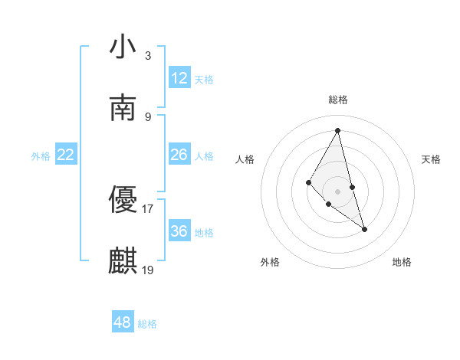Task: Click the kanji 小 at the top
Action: point(123,47)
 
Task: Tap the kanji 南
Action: point(123,109)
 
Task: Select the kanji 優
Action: point(123,201)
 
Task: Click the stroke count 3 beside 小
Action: point(147,55)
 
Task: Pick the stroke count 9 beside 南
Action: point(147,116)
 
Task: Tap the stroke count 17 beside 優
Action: point(148,208)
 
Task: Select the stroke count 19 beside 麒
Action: point(148,270)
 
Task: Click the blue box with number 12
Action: point(179,78)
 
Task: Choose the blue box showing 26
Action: point(179,155)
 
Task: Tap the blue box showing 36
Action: point(179,231)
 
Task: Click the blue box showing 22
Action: point(66,155)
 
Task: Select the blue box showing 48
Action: point(123,322)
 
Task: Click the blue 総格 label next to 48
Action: point(147,324)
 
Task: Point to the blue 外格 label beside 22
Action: point(41,156)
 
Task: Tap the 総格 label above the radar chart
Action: point(337,100)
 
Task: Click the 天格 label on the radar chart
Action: point(432,159)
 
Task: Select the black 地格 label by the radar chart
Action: point(402,262)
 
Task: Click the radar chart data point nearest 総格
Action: point(337,130)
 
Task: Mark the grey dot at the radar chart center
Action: point(337,190)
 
